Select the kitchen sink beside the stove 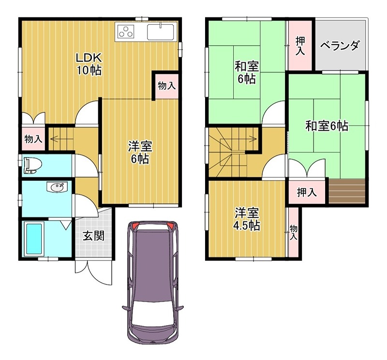tap(160, 32)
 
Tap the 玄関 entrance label tap(93, 236)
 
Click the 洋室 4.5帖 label tap(247, 219)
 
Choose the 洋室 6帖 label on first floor tap(138, 152)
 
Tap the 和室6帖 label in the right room tap(326, 126)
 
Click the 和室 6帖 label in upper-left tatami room tap(246, 72)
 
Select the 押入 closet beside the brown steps tap(306, 192)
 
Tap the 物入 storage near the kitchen tap(166, 86)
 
